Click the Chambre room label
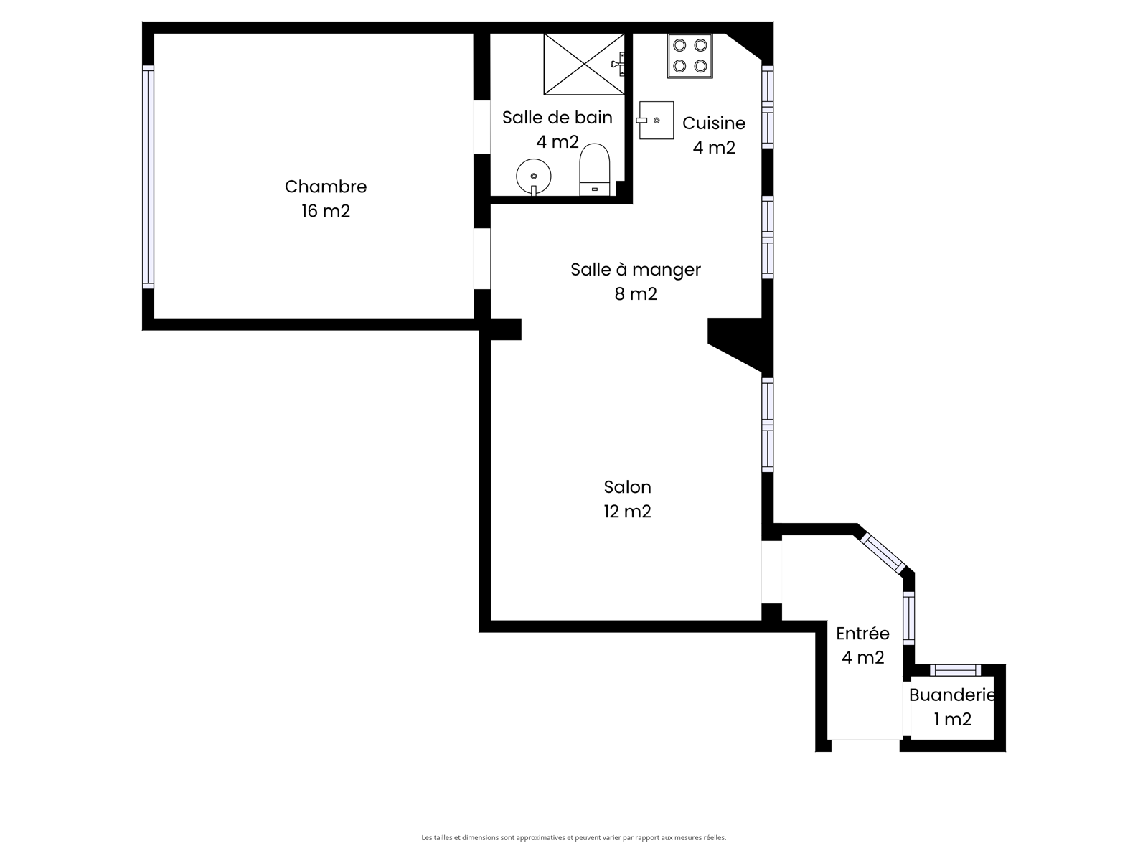[325, 187]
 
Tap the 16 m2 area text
[325, 211]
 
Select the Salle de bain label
[557, 118]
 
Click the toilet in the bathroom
[595, 169]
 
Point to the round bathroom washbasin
[534, 177]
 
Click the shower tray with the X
[584, 65]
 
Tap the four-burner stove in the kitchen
[690, 56]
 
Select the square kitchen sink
[656, 121]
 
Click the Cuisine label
[714, 123]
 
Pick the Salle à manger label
[636, 270]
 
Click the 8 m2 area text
[636, 294]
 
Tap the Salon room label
[628, 487]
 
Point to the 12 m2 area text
[628, 512]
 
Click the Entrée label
[862, 633]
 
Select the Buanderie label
[951, 695]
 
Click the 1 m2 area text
[952, 720]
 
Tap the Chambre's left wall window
[148, 177]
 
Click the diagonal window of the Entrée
[883, 552]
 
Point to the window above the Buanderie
[955, 670]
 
